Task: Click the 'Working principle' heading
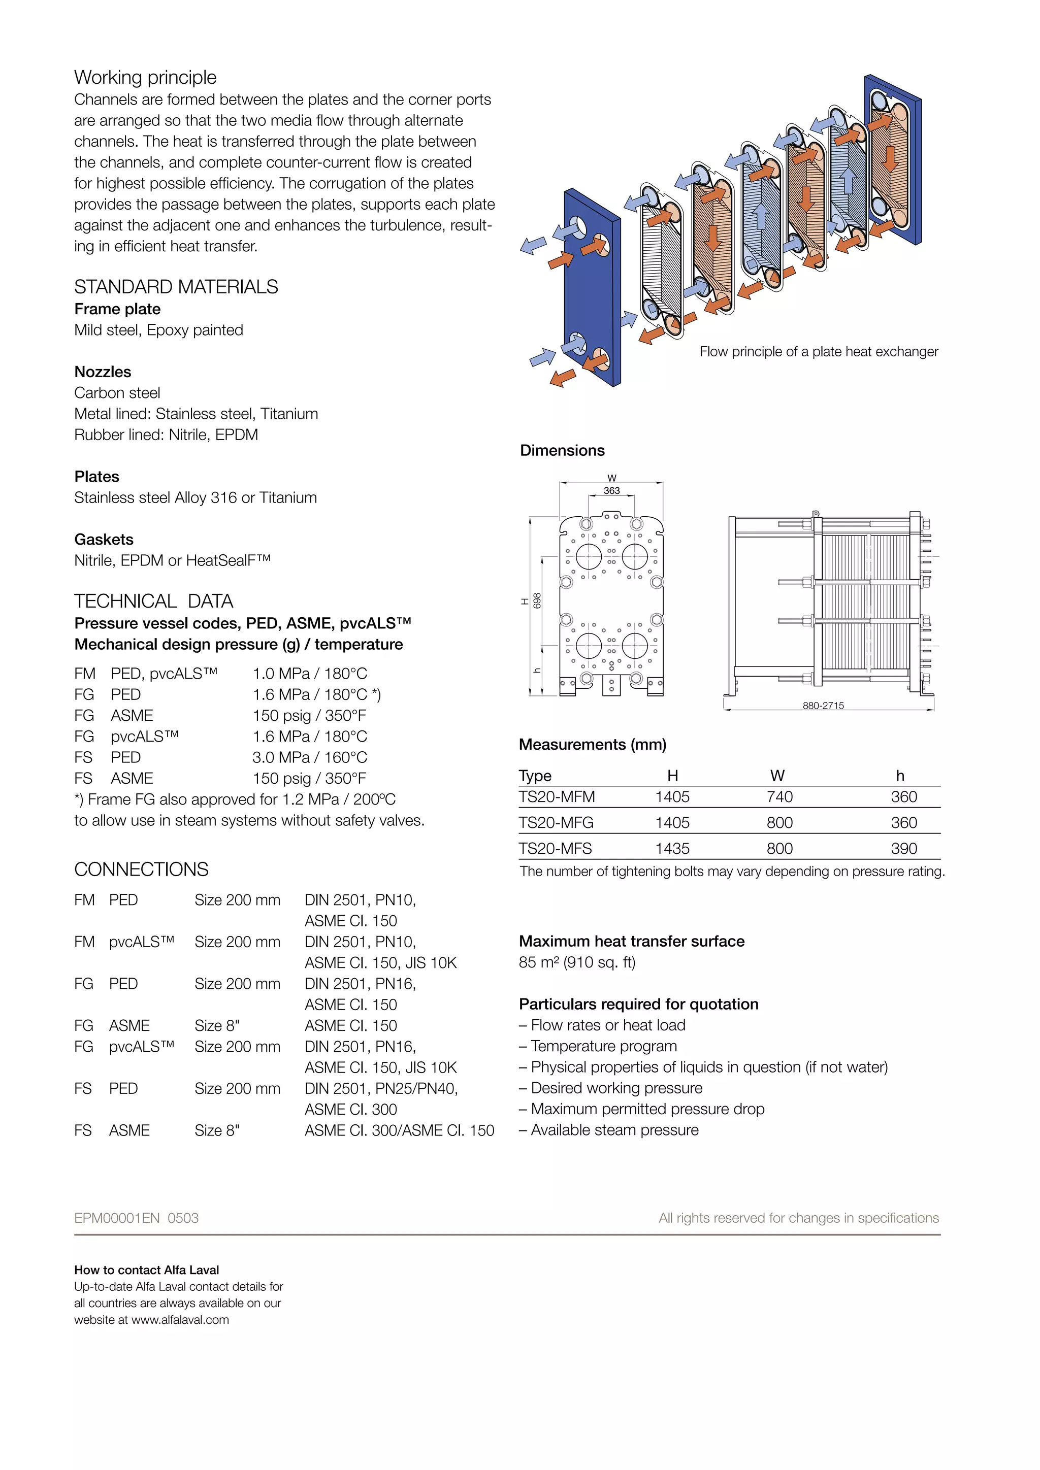click(145, 78)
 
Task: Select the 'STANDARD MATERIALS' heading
click(176, 287)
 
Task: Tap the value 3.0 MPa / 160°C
click(309, 757)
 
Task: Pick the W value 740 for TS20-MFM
click(779, 796)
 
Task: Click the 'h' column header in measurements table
click(900, 776)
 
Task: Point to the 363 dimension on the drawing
click(611, 490)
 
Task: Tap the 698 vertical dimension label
click(537, 600)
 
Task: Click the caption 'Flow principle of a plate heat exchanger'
click(819, 351)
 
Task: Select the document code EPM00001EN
click(117, 1218)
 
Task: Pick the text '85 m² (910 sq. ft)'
click(577, 962)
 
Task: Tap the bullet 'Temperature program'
click(603, 1046)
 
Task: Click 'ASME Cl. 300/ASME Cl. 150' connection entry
click(399, 1130)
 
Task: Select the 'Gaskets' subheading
click(104, 539)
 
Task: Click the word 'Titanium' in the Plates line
click(287, 497)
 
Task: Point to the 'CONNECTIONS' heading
click(142, 870)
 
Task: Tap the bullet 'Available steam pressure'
click(614, 1130)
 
